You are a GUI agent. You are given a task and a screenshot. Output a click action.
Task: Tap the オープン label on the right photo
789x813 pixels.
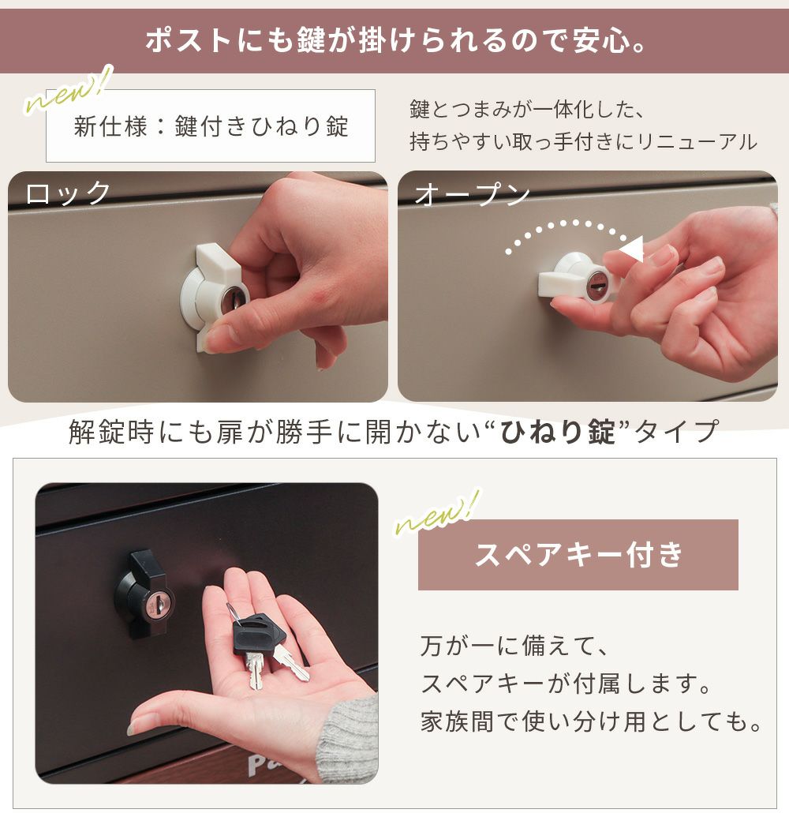(472, 194)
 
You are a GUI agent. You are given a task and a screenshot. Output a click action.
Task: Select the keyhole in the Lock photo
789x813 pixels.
(234, 301)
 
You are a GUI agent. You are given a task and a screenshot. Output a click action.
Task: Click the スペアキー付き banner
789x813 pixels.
(578, 554)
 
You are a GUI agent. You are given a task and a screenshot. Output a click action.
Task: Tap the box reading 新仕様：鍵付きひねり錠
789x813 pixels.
(211, 126)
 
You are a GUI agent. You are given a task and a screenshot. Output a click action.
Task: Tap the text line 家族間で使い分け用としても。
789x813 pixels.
(590, 721)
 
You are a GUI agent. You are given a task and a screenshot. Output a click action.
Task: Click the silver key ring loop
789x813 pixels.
(234, 614)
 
